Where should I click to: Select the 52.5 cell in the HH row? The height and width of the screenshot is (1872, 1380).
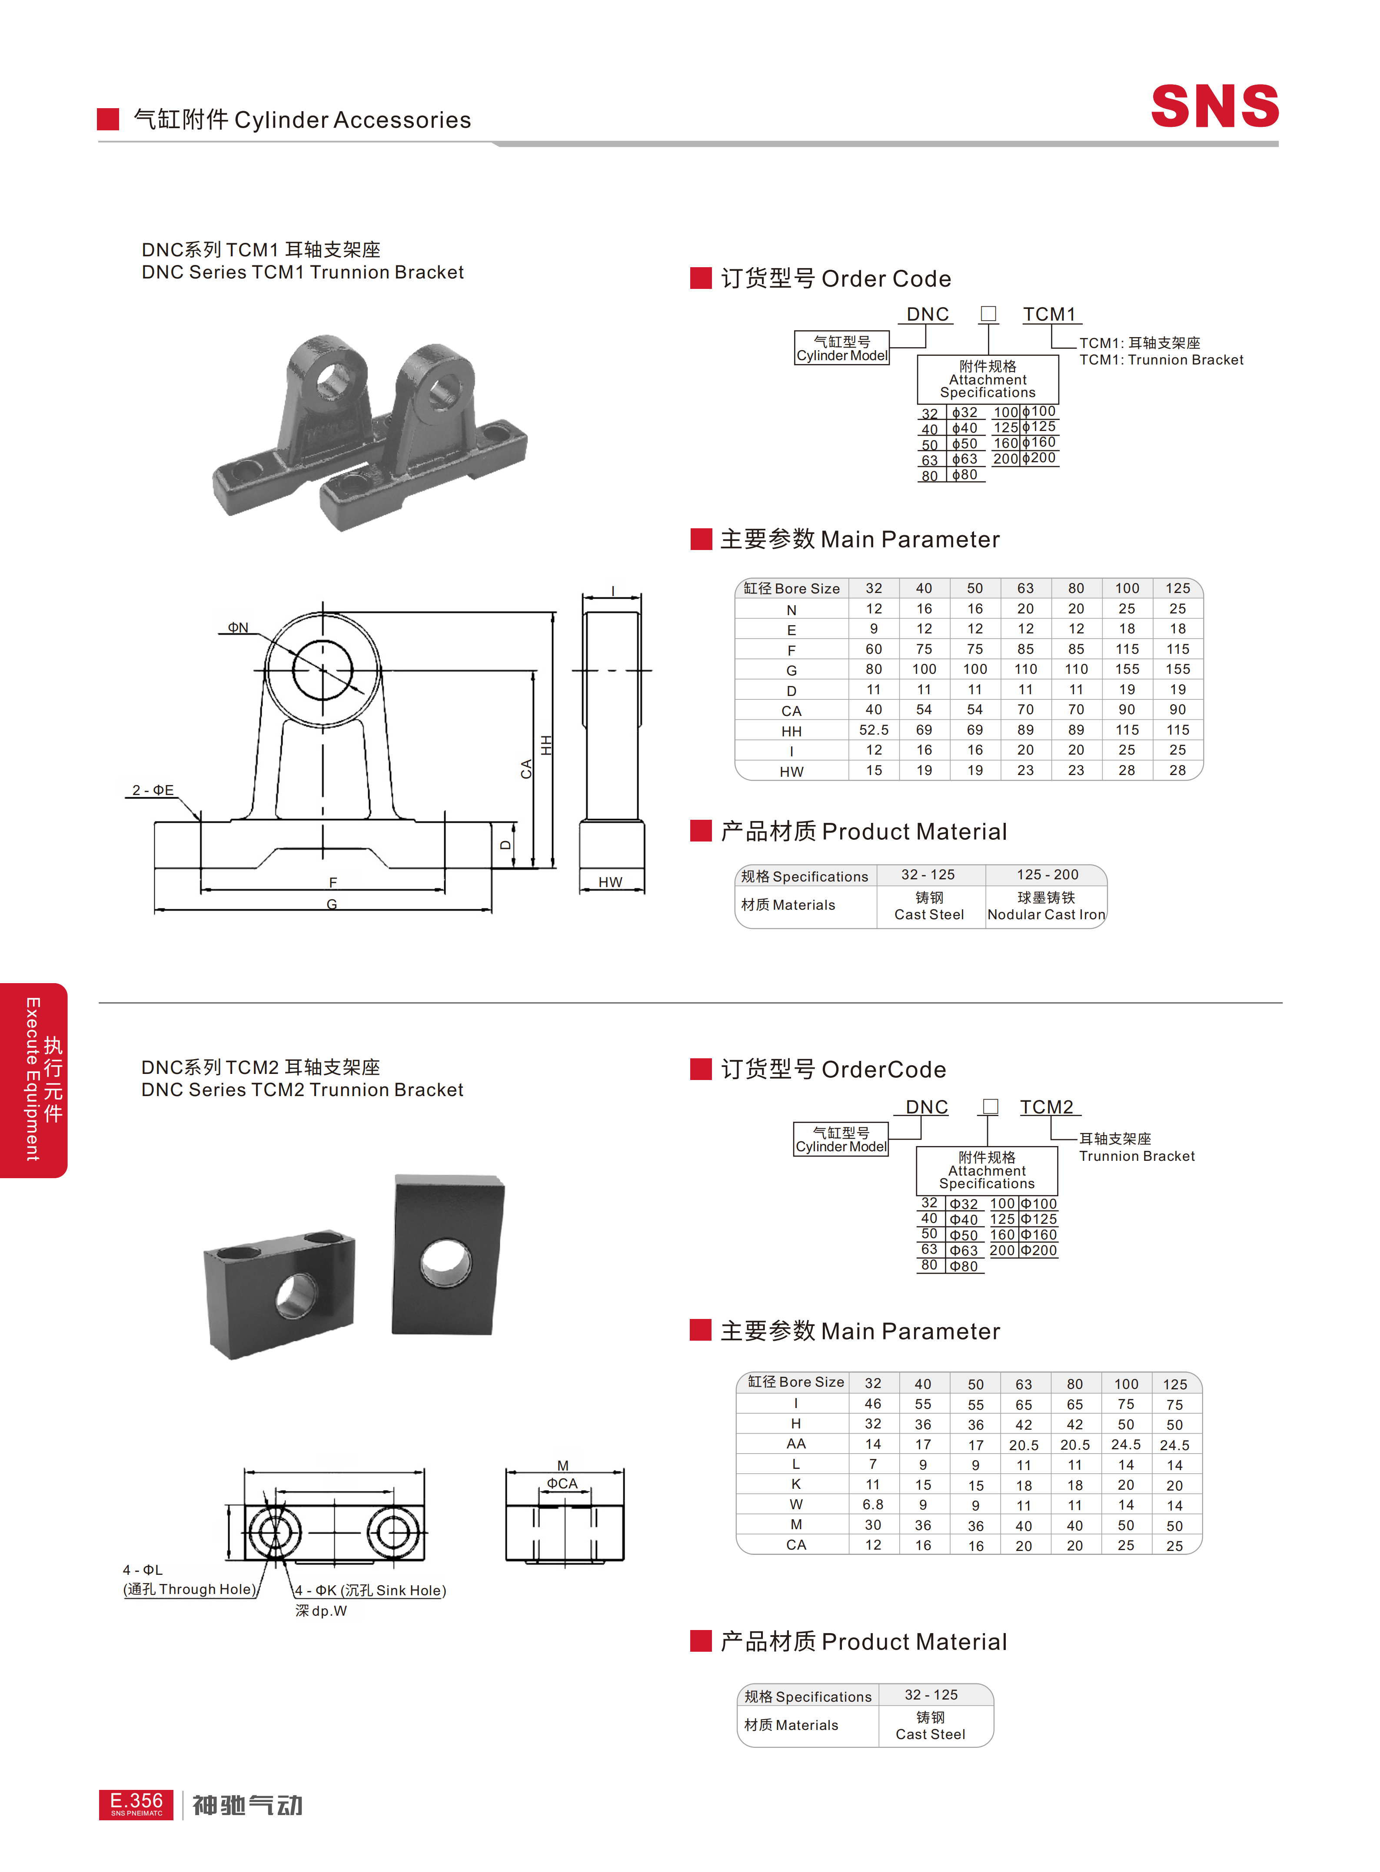click(874, 730)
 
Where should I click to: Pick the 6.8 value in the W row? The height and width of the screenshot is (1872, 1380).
click(873, 1504)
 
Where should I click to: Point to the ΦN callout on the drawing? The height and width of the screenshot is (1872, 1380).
click(238, 627)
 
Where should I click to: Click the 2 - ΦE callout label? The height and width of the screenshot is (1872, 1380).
click(153, 790)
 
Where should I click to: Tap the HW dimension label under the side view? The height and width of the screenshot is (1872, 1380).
click(611, 882)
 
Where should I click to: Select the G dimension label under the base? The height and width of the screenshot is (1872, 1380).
click(332, 904)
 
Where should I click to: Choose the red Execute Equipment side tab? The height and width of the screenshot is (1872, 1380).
click(33, 1080)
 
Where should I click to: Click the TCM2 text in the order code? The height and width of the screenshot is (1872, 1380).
click(1047, 1107)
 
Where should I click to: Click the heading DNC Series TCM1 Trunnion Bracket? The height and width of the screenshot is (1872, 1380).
click(303, 272)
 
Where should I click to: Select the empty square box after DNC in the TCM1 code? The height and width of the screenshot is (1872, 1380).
click(988, 313)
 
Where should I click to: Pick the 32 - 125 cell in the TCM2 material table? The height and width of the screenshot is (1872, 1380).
click(931, 1694)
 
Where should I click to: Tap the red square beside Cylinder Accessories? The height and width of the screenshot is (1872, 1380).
click(108, 119)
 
